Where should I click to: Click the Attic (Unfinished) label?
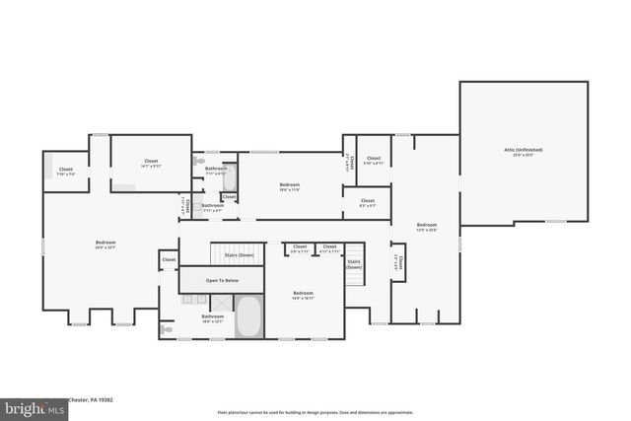click(523, 152)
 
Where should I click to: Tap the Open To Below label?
click(222, 281)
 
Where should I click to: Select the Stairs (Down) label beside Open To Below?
click(238, 255)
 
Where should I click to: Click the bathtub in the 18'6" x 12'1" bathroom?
click(248, 316)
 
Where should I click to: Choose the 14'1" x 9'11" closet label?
click(151, 163)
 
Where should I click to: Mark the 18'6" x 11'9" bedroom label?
click(290, 187)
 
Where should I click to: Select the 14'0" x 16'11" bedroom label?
click(303, 295)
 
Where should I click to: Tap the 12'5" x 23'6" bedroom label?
click(426, 227)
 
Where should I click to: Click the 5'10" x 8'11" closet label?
click(374, 161)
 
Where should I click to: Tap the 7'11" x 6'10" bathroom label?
click(216, 172)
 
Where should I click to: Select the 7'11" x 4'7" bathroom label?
click(213, 208)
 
